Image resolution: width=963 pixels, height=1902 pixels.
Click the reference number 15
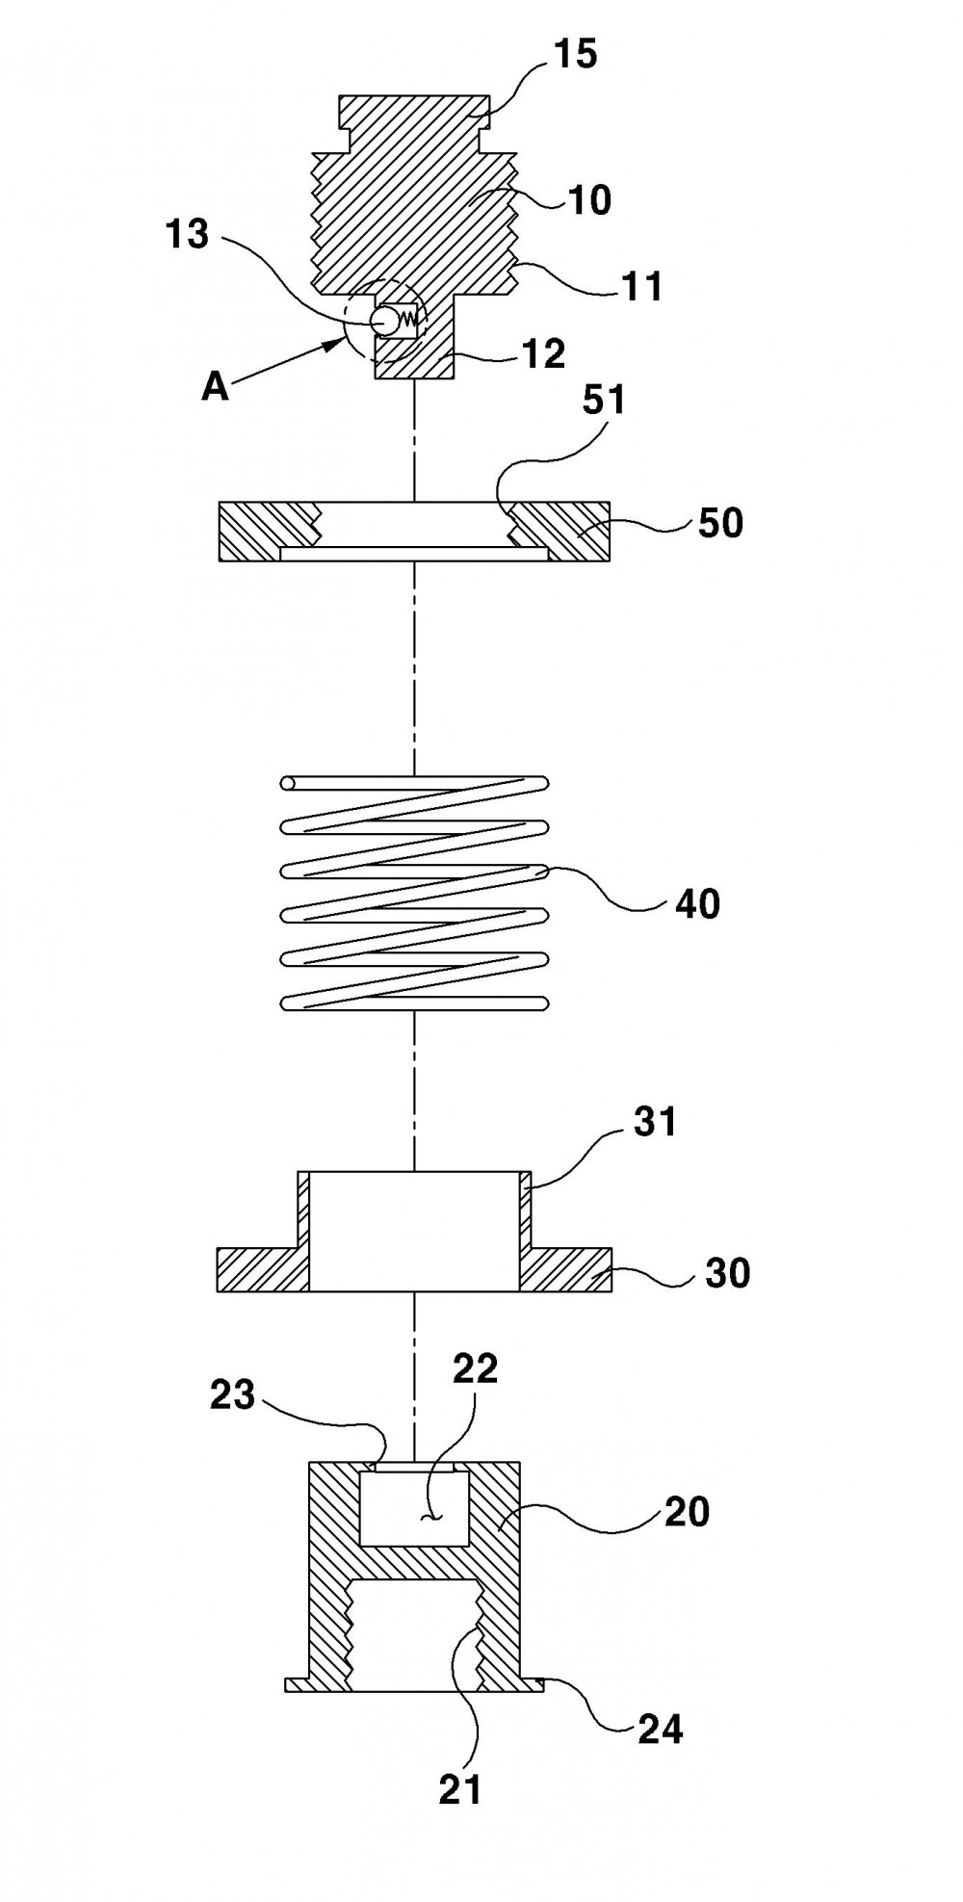pyautogui.click(x=574, y=56)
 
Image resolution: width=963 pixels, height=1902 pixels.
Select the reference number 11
pyautogui.click(x=640, y=286)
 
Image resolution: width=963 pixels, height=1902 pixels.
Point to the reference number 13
pyautogui.click(x=188, y=233)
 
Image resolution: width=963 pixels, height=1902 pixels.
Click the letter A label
pyautogui.click(x=215, y=387)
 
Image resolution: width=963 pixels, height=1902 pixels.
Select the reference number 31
pyautogui.click(x=656, y=1123)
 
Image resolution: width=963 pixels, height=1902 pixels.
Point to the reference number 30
pyautogui.click(x=727, y=1272)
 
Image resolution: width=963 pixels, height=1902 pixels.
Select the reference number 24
pyautogui.click(x=660, y=1729)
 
